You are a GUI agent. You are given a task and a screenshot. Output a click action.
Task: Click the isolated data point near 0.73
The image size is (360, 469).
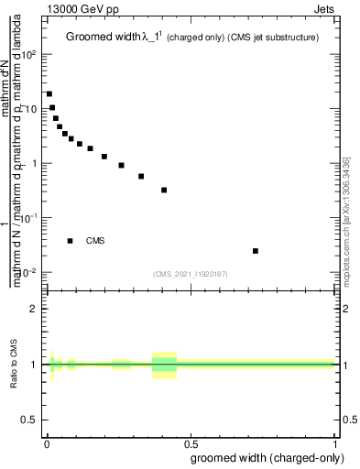[256, 251]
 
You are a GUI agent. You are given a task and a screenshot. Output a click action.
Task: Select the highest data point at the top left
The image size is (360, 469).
[49, 93]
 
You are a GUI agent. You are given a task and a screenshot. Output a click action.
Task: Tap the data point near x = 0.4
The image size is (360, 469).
[164, 190]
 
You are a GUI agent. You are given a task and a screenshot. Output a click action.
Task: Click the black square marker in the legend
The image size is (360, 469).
[71, 241]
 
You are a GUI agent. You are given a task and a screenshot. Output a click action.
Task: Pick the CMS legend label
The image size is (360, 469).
[95, 241]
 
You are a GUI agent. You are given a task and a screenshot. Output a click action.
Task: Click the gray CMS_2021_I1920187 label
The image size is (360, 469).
[191, 273]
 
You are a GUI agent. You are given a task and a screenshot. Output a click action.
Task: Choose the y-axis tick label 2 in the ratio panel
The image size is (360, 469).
[33, 310]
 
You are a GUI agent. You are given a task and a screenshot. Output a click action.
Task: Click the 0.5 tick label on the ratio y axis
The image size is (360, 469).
[29, 420]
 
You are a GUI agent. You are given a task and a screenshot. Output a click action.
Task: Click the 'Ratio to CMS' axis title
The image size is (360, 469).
[14, 365]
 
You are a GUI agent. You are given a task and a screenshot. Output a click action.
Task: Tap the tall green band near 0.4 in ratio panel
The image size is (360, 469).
[164, 365]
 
